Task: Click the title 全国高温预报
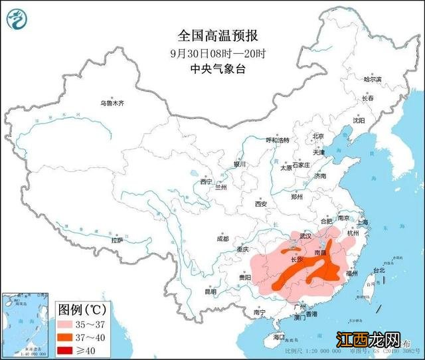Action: [x=212, y=35]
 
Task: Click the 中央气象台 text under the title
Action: [x=212, y=68]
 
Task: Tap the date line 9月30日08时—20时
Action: [x=212, y=52]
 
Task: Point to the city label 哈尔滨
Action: [x=373, y=79]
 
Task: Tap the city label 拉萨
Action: [x=118, y=240]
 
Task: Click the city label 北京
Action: [x=318, y=136]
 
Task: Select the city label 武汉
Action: [x=305, y=236]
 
